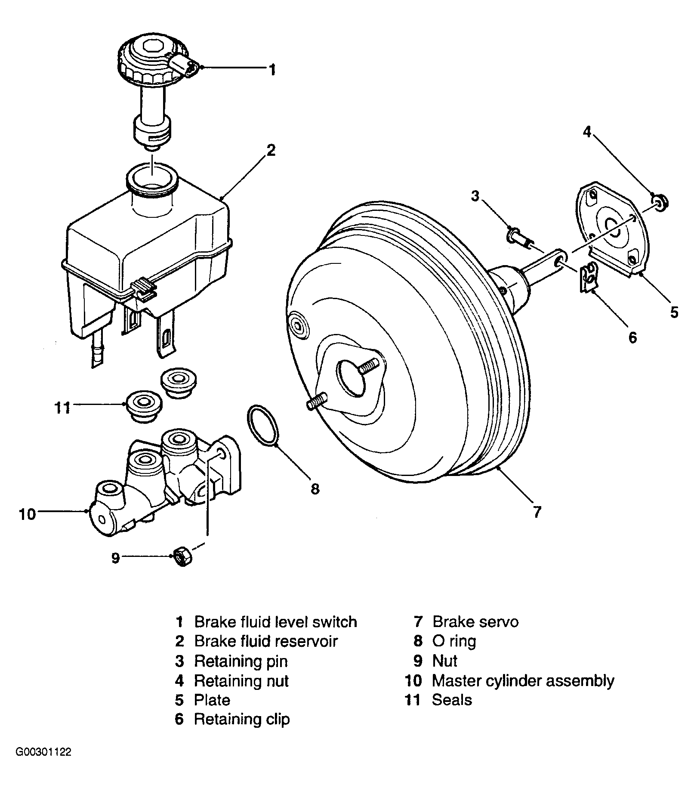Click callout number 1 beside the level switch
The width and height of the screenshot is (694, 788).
click(x=271, y=69)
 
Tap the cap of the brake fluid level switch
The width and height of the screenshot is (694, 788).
click(x=152, y=60)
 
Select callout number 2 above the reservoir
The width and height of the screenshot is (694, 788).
click(x=271, y=150)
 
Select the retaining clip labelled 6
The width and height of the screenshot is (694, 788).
click(x=589, y=278)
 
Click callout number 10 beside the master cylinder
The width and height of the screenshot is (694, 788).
click(x=27, y=514)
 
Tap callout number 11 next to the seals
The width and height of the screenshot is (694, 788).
click(x=62, y=407)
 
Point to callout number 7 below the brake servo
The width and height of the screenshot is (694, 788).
click(x=537, y=512)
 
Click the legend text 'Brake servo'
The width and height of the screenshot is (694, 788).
click(x=475, y=622)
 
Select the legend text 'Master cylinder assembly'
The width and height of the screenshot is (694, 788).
click(x=523, y=681)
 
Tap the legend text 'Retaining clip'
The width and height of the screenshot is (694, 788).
click(x=242, y=719)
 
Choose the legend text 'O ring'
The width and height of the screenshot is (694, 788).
click(x=454, y=641)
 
